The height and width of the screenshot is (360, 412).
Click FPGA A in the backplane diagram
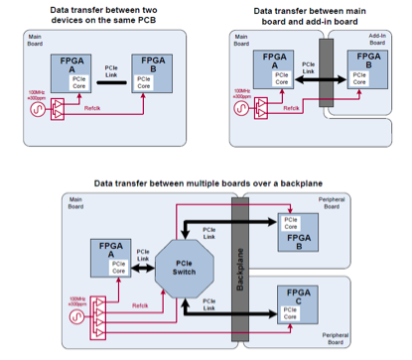107,256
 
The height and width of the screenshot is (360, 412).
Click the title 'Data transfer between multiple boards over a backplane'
204,184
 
